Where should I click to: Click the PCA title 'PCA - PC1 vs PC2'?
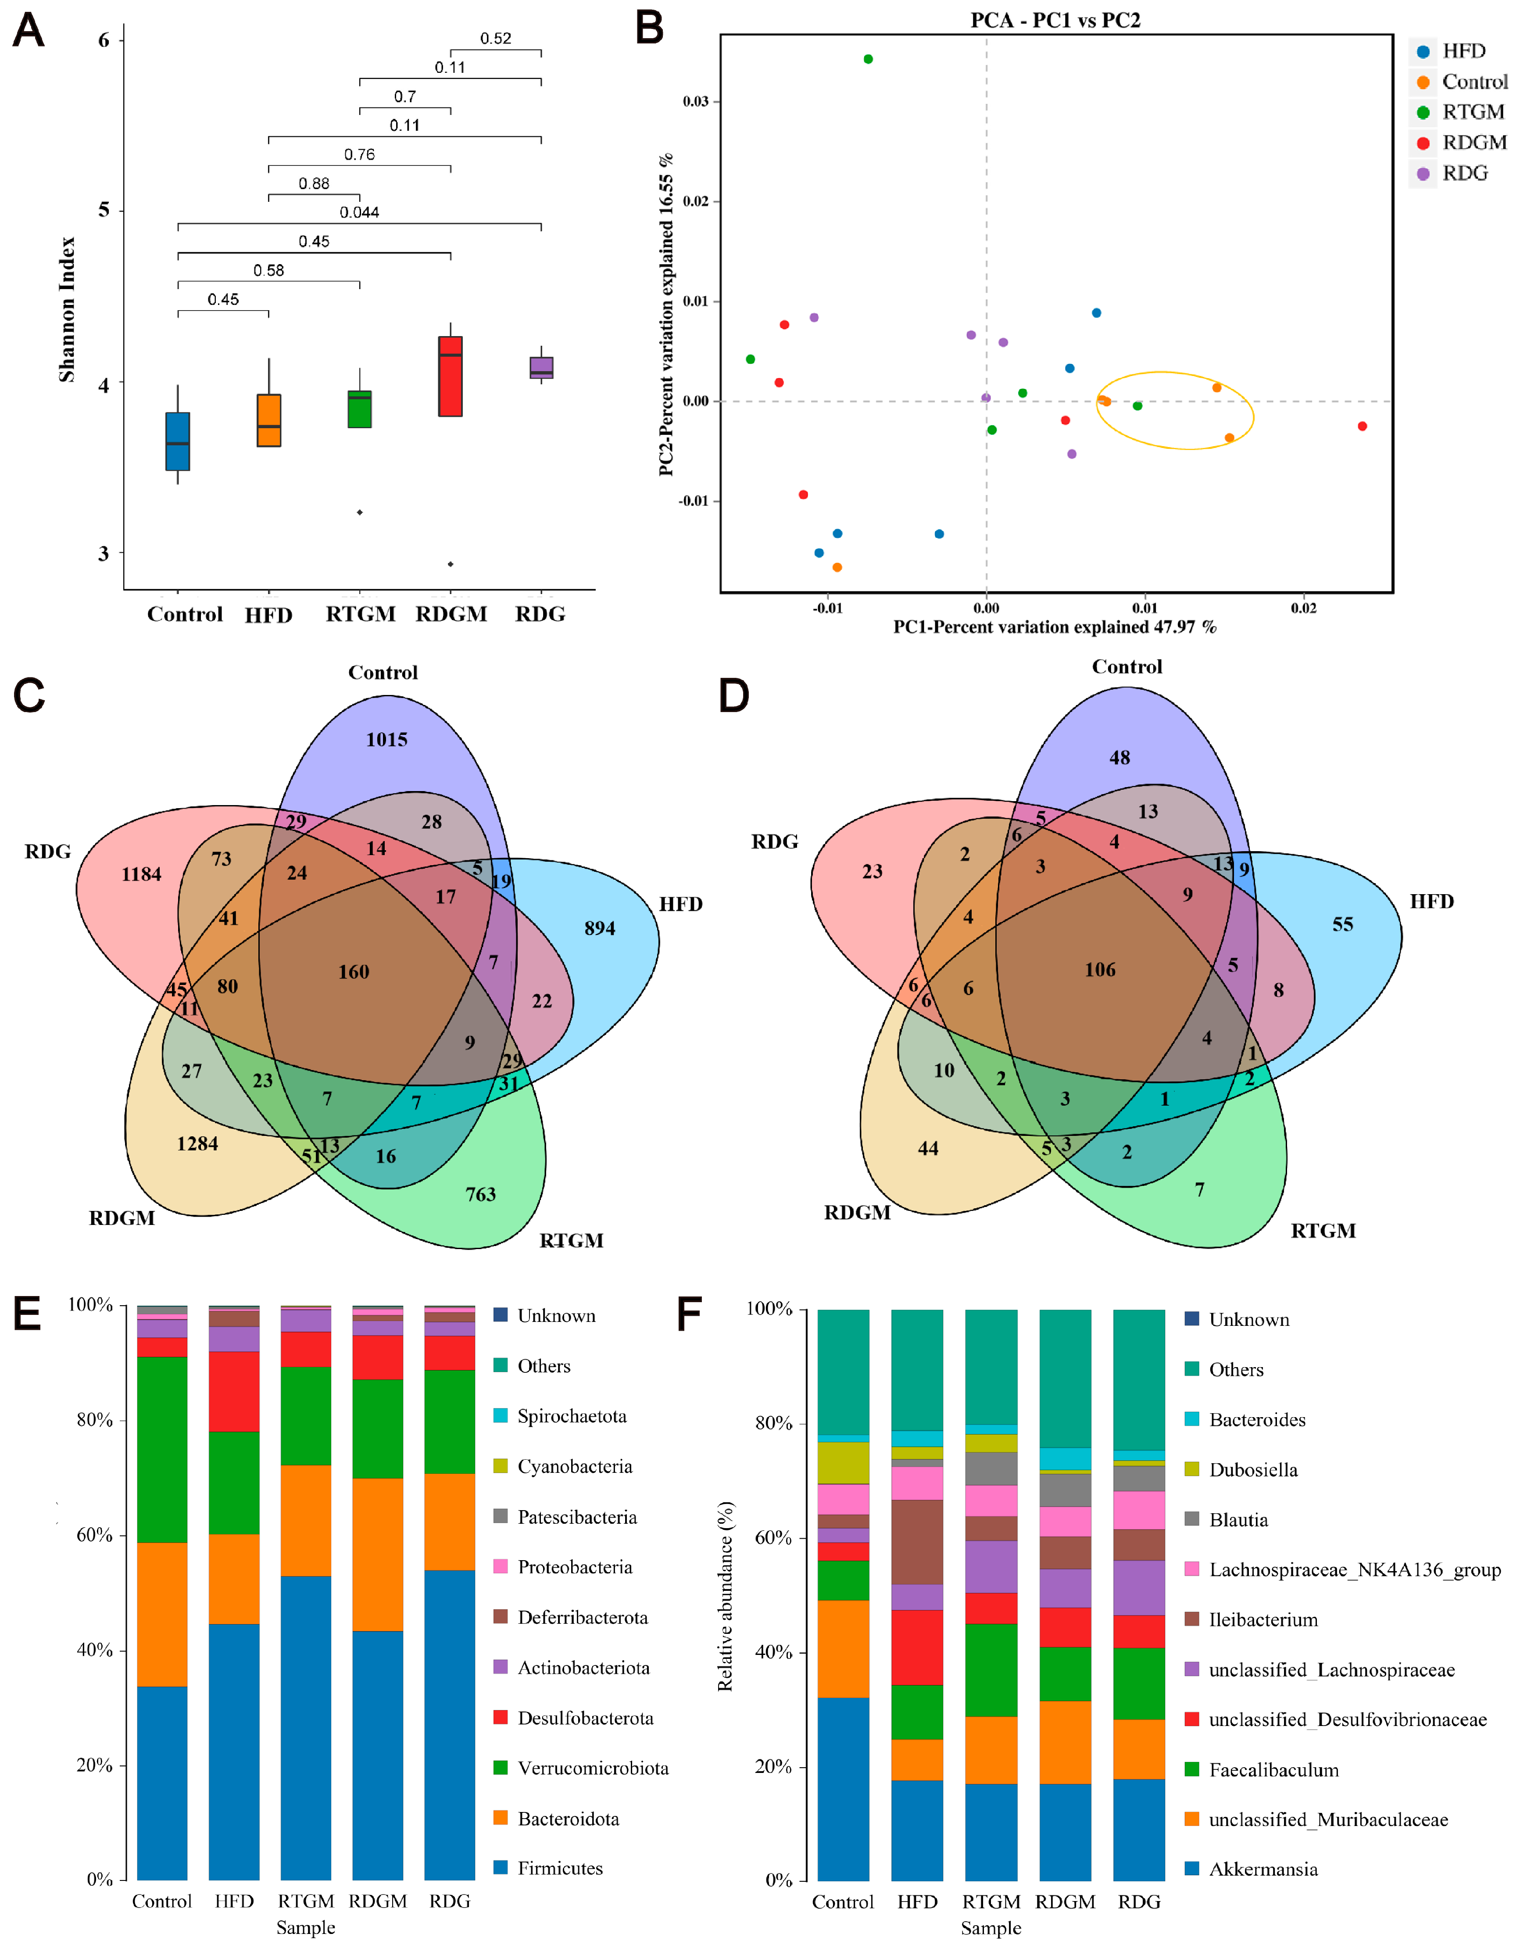(x=1055, y=20)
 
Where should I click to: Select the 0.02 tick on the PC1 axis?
(x=1303, y=608)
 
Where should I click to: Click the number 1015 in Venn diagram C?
(x=386, y=739)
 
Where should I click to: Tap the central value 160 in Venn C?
(x=353, y=971)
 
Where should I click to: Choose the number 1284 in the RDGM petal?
(x=197, y=1143)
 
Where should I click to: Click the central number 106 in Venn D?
(x=1100, y=970)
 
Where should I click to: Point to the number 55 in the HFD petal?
(x=1342, y=924)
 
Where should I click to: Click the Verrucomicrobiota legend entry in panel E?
(x=592, y=1768)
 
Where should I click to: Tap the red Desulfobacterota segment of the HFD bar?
(x=234, y=1391)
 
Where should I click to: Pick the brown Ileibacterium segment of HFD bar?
(x=917, y=1541)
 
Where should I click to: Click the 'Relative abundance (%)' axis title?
(x=725, y=1597)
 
